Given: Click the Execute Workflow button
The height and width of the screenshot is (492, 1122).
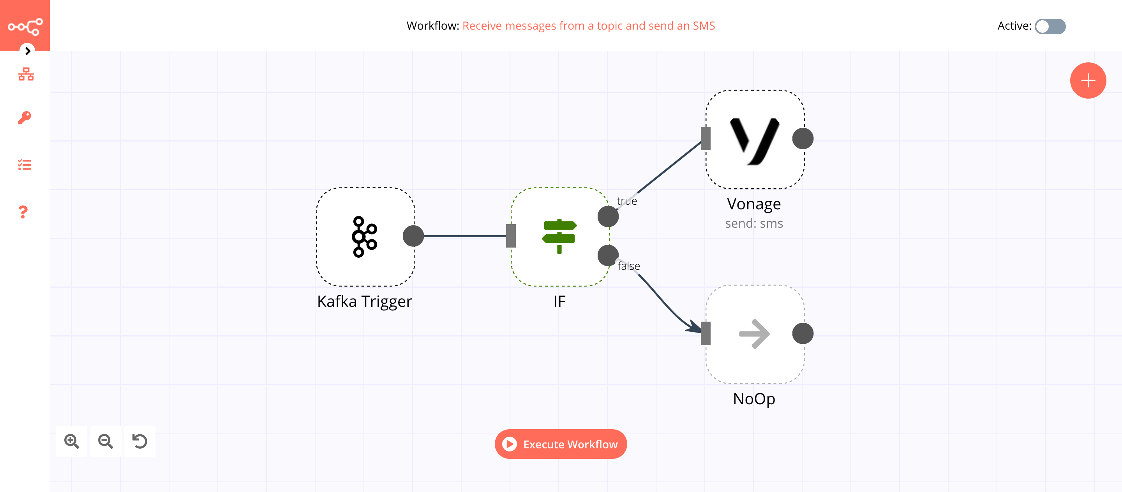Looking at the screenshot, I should click(561, 444).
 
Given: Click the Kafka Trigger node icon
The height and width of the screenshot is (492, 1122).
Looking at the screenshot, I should click(364, 237).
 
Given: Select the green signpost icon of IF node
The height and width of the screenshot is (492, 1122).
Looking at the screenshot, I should click(559, 236).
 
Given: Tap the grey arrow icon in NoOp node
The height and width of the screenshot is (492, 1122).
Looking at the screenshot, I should click(754, 334).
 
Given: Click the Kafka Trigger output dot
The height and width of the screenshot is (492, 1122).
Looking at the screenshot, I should click(413, 236).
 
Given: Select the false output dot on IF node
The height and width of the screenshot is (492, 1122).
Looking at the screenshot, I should click(608, 256).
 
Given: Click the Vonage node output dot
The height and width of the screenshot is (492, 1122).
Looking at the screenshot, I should click(802, 138).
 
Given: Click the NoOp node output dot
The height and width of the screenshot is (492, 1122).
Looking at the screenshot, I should click(802, 334).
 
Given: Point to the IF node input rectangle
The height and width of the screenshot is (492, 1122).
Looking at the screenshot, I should click(511, 236).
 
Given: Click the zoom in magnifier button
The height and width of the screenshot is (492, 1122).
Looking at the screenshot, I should click(71, 441).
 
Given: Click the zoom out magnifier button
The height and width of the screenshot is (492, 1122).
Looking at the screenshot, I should click(106, 441).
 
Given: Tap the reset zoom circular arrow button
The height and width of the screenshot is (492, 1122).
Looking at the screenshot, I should click(139, 441).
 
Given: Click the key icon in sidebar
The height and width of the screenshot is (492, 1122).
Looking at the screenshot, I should click(25, 118).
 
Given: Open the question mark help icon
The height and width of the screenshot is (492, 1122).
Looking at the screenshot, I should click(23, 212).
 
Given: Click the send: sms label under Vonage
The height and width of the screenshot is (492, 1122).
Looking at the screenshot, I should click(753, 223).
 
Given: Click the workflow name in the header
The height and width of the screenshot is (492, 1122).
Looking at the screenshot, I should click(588, 26).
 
